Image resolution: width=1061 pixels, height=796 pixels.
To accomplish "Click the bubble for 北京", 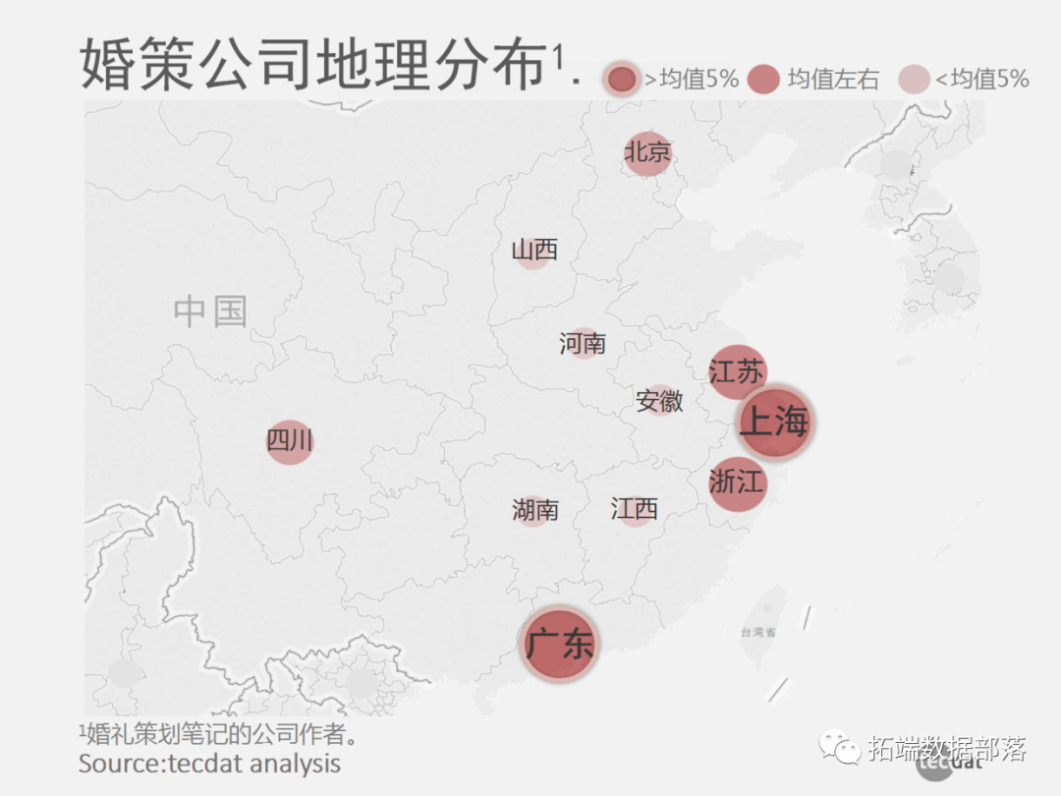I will [x=647, y=153].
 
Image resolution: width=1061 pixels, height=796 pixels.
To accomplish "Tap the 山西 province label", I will [x=534, y=251].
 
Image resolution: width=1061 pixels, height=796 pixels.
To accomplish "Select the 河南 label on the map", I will [x=583, y=343].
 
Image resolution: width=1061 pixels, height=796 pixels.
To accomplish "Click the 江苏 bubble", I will [x=737, y=371].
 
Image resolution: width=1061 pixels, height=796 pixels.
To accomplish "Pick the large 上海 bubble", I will [x=775, y=422].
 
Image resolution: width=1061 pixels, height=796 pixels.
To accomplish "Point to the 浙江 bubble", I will [x=737, y=483].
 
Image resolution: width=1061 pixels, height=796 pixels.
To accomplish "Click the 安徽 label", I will [x=659, y=401].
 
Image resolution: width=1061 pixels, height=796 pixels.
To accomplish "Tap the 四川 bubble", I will [x=290, y=441].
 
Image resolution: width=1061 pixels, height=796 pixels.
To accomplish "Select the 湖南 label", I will [x=535, y=510].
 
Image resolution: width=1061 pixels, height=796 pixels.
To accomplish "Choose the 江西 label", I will [x=635, y=509].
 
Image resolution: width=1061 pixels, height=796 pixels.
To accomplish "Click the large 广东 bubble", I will [x=559, y=645].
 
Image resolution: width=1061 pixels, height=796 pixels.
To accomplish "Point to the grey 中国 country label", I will [x=210, y=312].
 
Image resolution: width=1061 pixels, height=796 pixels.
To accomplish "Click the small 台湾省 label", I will [x=758, y=633].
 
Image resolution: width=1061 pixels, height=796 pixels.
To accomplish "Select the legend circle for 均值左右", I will [x=763, y=80].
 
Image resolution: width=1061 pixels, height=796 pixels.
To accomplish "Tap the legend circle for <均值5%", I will [x=914, y=80].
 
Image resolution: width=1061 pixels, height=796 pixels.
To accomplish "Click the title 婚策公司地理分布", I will [x=312, y=65].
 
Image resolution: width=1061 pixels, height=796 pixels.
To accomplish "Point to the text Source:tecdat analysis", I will [x=209, y=763].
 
